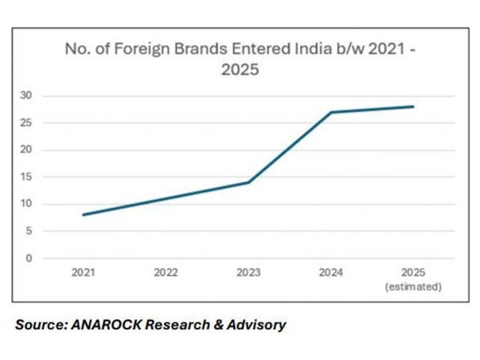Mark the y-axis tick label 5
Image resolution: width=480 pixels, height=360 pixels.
click(x=29, y=231)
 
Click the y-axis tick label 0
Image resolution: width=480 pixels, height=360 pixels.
click(x=29, y=258)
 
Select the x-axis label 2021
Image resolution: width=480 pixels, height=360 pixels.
click(x=82, y=273)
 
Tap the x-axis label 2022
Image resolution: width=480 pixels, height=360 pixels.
click(x=166, y=273)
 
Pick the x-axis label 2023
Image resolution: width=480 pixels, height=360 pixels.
click(x=248, y=273)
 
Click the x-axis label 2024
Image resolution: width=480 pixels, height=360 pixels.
click(x=331, y=273)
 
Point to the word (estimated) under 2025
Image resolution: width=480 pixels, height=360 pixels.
click(x=414, y=287)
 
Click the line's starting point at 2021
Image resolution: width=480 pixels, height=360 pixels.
click(x=82, y=215)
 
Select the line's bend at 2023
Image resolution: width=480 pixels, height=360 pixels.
click(x=248, y=182)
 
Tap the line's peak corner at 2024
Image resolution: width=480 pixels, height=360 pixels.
click(x=331, y=112)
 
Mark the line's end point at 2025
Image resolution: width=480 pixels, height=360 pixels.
click(x=413, y=106)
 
